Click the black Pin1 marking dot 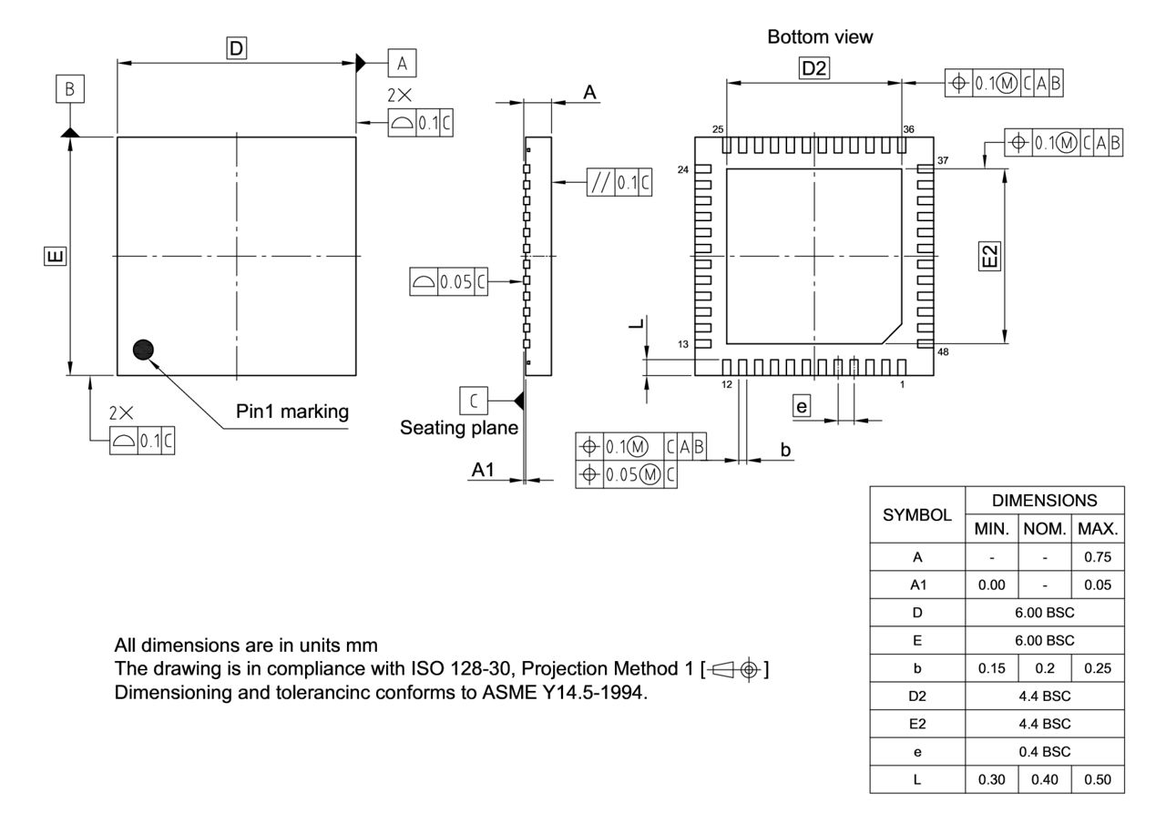[143, 349]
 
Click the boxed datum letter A [402, 62]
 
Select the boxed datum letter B [70, 89]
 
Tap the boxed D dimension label [237, 48]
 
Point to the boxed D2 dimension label [814, 67]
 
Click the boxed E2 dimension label [992, 256]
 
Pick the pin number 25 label [718, 130]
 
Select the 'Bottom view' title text [821, 38]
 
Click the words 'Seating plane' [459, 428]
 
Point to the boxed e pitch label [802, 407]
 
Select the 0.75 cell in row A [1098, 554]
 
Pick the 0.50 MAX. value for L [1098, 780]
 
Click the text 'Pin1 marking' [292, 411]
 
